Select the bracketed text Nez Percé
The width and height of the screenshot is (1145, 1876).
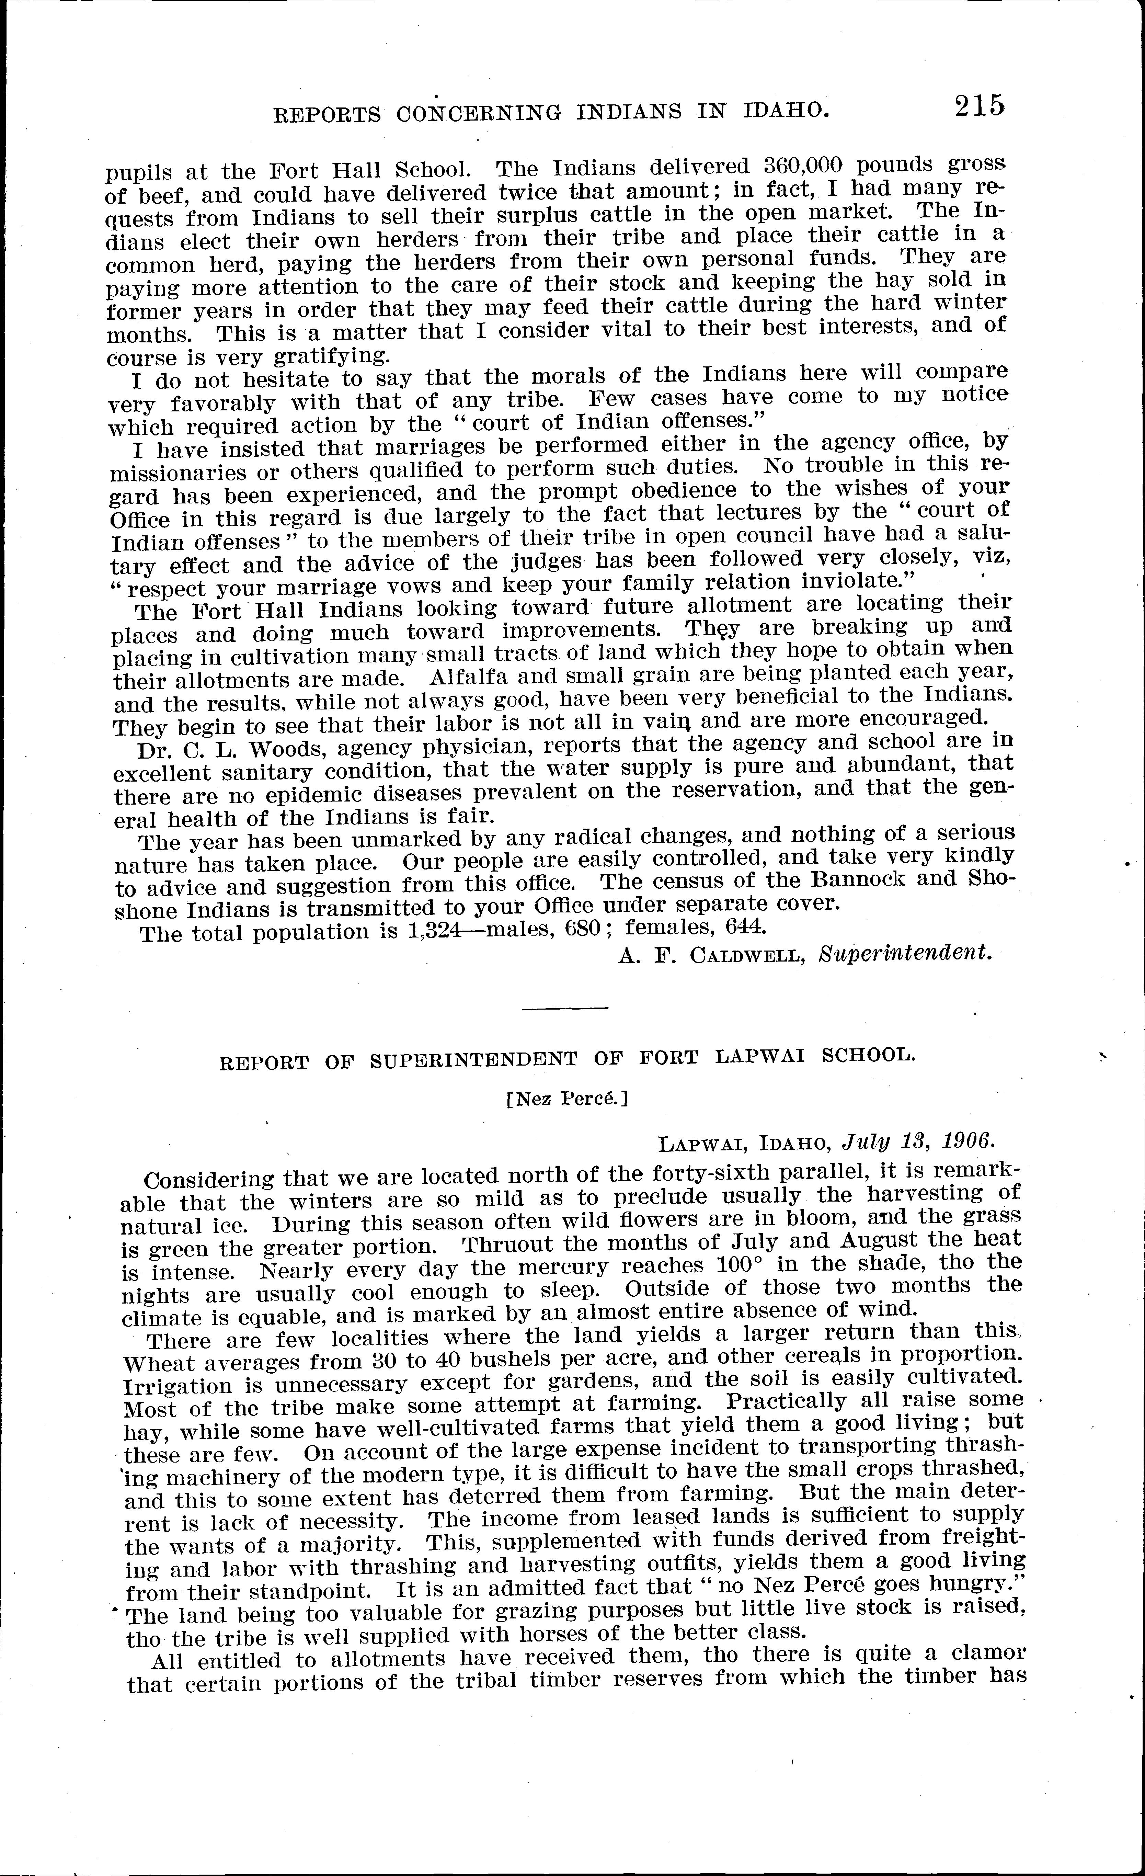(566, 1099)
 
